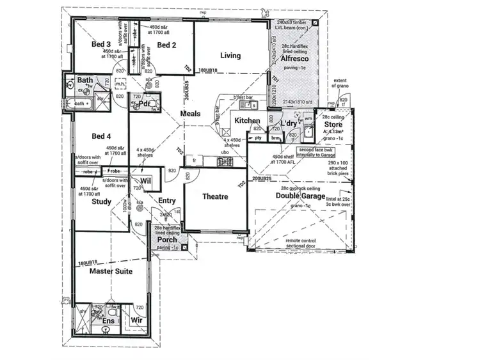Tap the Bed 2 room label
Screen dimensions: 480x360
click(x=166, y=45)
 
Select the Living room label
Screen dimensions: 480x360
click(x=230, y=56)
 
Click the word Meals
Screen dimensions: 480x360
click(x=190, y=114)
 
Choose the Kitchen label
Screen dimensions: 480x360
click(x=247, y=120)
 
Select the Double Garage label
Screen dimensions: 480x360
click(x=301, y=196)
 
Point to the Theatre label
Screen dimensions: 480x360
click(x=215, y=197)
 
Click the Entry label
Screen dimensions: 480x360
click(x=166, y=201)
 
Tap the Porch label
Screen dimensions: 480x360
click(x=167, y=240)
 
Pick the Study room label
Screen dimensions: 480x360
click(x=101, y=202)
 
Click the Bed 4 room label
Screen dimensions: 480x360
click(x=101, y=136)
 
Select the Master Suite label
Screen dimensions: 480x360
click(x=110, y=272)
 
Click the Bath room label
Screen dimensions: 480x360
click(x=85, y=81)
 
